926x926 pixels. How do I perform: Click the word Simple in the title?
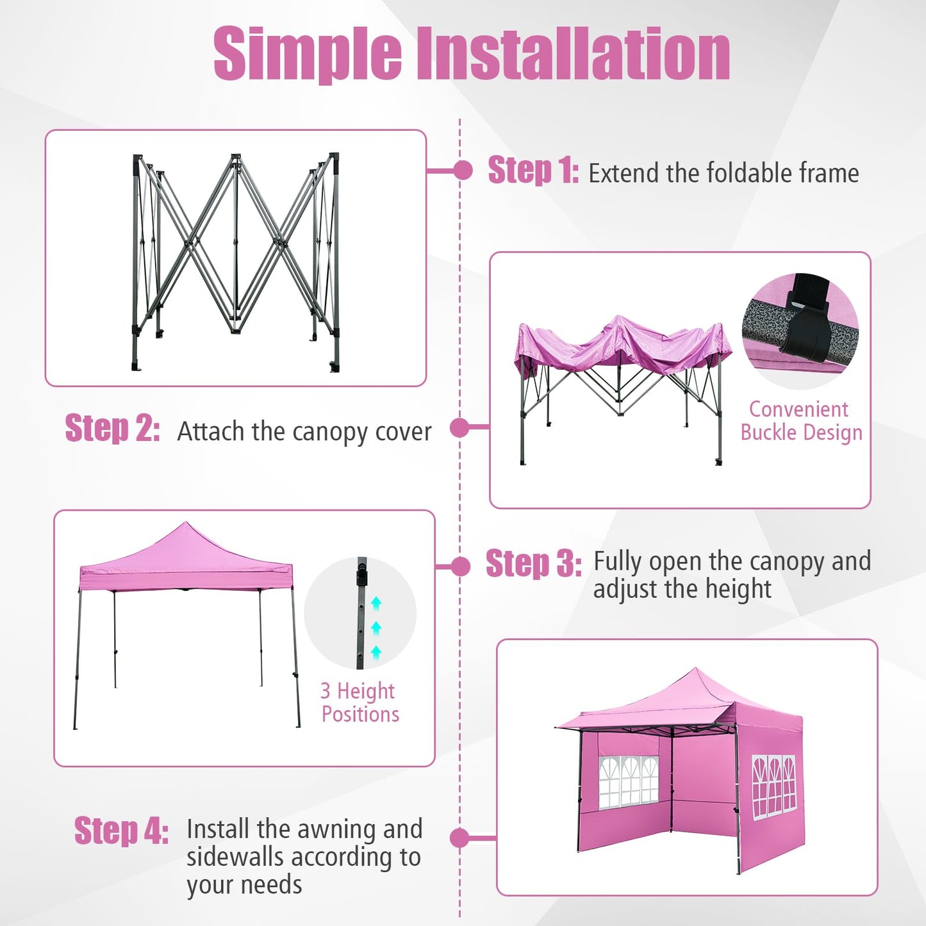tap(307, 54)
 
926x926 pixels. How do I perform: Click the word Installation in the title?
tap(574, 54)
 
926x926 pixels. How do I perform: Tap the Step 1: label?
tap(533, 171)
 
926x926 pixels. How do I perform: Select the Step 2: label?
tap(112, 429)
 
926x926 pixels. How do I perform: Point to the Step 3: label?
tap(533, 565)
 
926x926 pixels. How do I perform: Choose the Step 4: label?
tap(121, 831)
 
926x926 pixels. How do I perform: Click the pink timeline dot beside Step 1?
tap(462, 170)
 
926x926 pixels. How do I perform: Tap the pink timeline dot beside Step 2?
tap(459, 427)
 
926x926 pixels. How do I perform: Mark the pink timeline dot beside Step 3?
tap(460, 566)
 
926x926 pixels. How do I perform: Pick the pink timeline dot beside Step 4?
tap(459, 838)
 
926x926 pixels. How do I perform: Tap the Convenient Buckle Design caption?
tap(801, 421)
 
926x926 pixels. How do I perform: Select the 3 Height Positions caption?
tap(360, 702)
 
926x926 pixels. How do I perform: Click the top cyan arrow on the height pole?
tap(376, 602)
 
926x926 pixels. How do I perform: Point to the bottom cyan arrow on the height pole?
tap(376, 652)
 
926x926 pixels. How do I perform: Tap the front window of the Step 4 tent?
tap(629, 782)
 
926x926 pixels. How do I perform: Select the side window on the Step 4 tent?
tap(773, 786)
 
